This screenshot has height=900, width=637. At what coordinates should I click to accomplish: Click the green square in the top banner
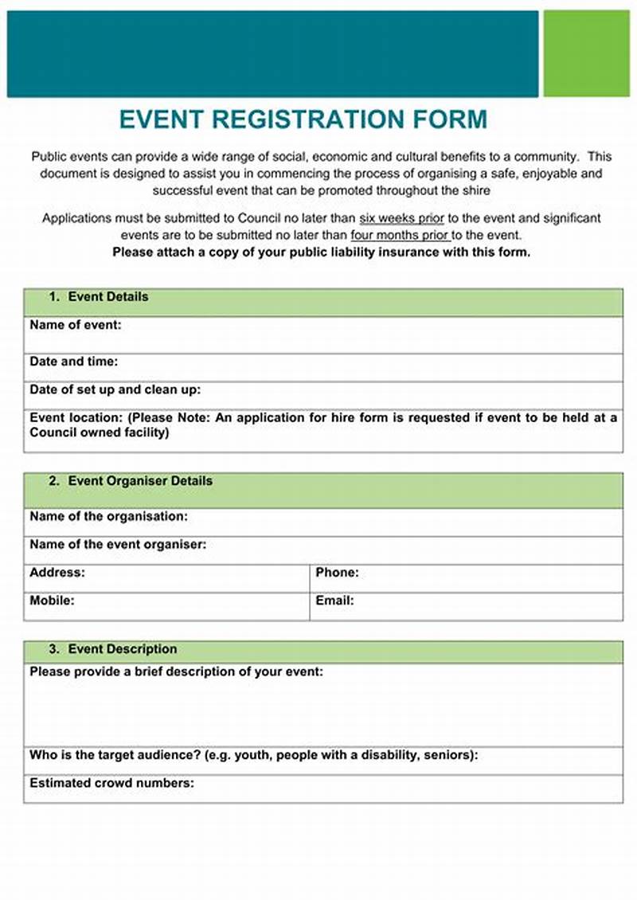[x=585, y=53]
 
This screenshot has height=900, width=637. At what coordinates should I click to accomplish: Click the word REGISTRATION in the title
[x=304, y=119]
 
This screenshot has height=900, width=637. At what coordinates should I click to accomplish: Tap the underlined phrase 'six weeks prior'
[x=401, y=218]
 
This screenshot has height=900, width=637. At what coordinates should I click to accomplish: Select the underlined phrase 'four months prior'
[x=400, y=235]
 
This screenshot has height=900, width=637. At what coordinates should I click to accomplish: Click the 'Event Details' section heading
[x=107, y=297]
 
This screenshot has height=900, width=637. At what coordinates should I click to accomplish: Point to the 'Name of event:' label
[x=75, y=325]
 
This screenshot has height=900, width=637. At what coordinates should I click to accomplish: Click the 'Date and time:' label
[x=73, y=362]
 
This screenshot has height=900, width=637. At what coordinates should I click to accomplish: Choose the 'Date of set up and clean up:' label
[x=115, y=390]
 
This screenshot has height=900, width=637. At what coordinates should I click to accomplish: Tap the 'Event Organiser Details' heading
[x=140, y=481]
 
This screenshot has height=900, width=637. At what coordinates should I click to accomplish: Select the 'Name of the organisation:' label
[x=108, y=516]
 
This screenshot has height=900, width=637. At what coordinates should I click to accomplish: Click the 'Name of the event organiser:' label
[x=118, y=545]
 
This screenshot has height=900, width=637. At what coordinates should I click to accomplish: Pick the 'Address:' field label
[x=57, y=573]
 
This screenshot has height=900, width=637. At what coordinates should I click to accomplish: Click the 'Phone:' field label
[x=337, y=573]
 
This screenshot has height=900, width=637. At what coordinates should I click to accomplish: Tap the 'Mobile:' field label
[x=52, y=601]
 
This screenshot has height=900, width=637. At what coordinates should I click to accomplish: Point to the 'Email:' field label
[x=334, y=601]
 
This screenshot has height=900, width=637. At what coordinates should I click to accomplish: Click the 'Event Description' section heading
[x=122, y=649]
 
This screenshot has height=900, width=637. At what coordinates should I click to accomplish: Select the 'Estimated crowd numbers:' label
[x=111, y=783]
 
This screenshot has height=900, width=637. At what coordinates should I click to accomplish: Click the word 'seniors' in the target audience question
[x=450, y=755]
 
